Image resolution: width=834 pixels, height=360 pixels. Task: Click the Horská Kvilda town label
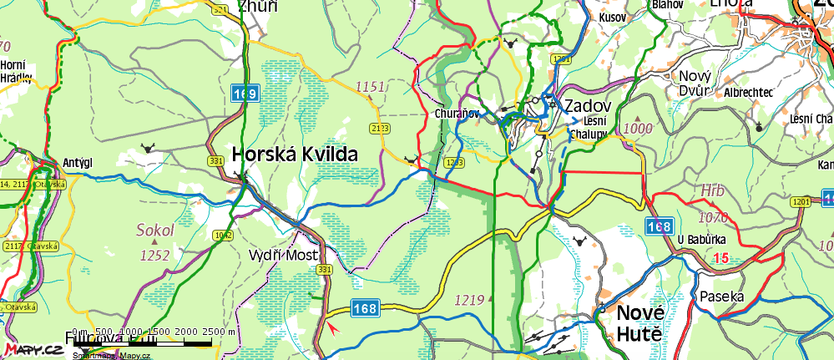pos(295,155)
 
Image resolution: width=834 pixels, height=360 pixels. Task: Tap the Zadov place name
pos(588,107)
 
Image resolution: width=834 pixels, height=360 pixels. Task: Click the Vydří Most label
pos(284,254)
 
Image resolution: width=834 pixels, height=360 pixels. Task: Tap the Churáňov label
pos(455,113)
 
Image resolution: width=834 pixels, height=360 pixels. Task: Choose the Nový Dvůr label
pos(690,83)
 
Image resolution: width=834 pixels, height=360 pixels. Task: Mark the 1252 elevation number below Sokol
pos(156,255)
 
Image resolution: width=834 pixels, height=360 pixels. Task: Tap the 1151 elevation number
pos(370,86)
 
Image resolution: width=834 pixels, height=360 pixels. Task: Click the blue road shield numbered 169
pos(245,94)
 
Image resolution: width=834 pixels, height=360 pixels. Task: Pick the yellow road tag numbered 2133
pos(380,128)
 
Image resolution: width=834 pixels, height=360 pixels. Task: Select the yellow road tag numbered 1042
pos(223,236)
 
